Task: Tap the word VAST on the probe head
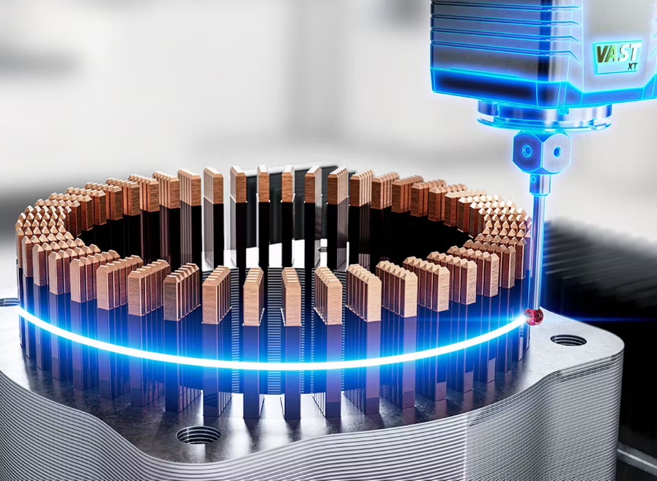(x=617, y=53)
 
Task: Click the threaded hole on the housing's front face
(x=198, y=434)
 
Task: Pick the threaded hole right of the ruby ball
(x=568, y=340)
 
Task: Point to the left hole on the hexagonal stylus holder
(x=527, y=151)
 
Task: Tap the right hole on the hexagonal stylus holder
(x=557, y=152)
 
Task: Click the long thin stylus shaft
(x=535, y=250)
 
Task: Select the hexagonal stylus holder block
(x=541, y=152)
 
